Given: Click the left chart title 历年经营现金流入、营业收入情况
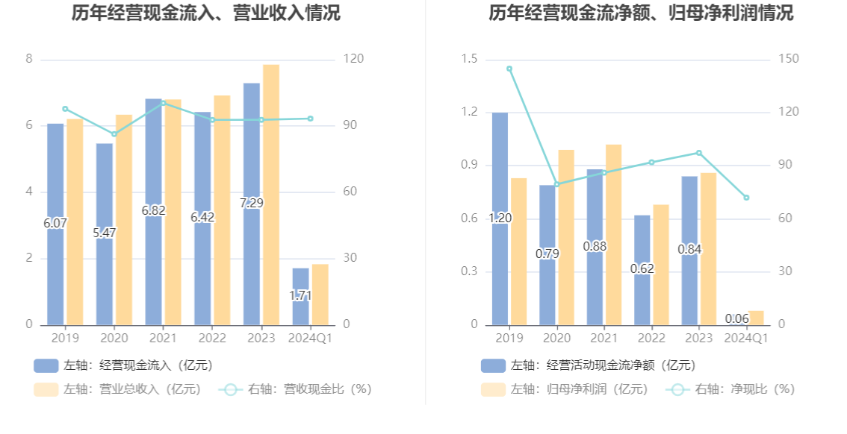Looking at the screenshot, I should coord(206,13).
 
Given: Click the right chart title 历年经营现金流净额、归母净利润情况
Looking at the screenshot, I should coord(641,13).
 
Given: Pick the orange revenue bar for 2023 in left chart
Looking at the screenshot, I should coord(271,194).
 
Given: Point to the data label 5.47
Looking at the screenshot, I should coord(105,233).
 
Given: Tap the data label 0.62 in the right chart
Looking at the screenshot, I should coord(642,268).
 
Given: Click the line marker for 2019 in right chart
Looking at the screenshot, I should coord(509,69).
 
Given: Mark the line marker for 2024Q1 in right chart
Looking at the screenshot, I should coord(746,198).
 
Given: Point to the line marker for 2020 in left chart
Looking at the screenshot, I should coord(114,134).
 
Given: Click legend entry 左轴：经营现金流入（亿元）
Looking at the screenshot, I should coord(124,365).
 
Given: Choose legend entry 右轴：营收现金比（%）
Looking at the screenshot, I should coord(296,389).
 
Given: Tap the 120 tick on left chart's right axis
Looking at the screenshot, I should coord(353,59).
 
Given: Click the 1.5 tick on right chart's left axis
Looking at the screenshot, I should coord(469,59).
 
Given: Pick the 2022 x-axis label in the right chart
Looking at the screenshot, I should coord(651,338).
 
